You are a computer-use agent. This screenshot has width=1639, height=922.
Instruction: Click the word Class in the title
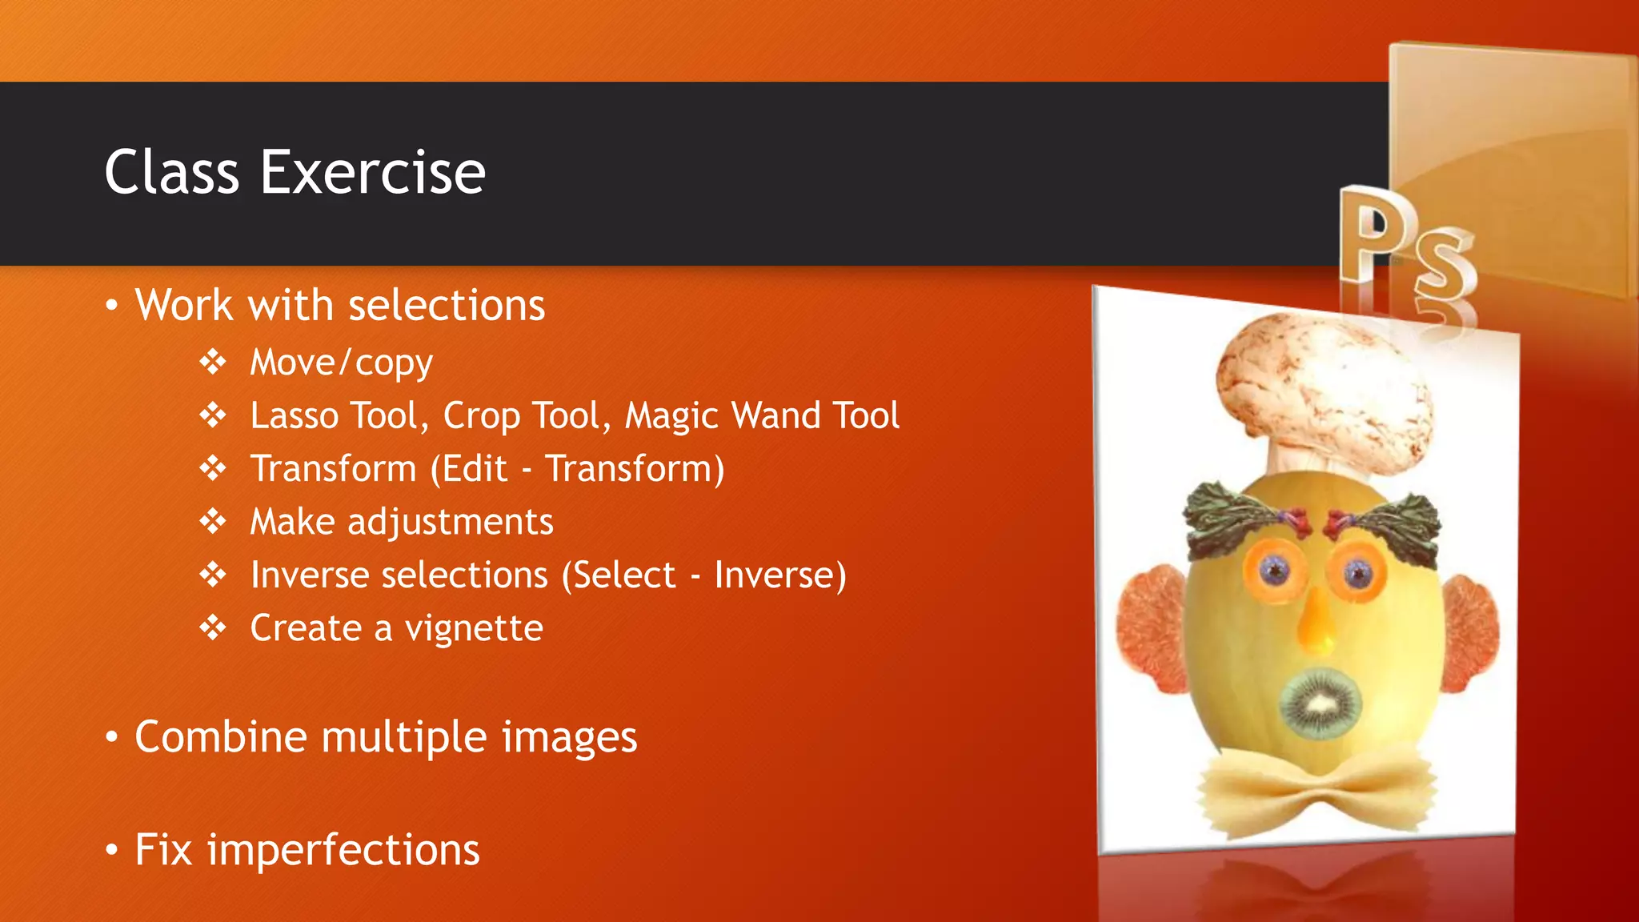coord(171,172)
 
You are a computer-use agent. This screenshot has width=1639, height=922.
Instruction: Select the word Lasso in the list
coord(295,415)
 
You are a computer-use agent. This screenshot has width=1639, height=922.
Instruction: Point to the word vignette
coord(474,628)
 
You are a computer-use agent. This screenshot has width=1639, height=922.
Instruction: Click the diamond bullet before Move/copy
coord(213,362)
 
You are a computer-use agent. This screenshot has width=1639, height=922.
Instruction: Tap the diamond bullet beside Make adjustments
coord(213,521)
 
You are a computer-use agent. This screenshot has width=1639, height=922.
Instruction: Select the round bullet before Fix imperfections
coord(112,849)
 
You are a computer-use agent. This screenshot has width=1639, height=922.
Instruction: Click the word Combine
coord(220,736)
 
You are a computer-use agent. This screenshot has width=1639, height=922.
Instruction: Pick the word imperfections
coord(343,849)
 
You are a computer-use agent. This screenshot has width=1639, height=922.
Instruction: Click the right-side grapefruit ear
coord(1471,632)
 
